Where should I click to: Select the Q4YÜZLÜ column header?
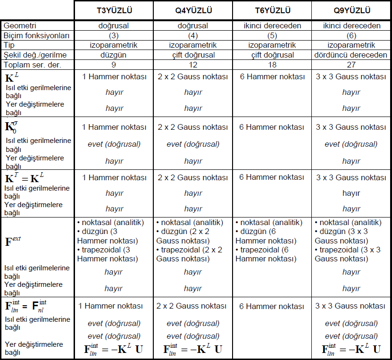click(193, 10)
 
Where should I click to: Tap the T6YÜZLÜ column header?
click(272, 10)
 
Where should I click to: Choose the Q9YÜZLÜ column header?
click(351, 10)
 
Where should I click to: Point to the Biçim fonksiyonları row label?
click(36, 35)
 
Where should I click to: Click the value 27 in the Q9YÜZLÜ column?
click(351, 65)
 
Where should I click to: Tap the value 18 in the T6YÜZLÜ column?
click(272, 65)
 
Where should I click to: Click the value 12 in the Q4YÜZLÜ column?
click(193, 65)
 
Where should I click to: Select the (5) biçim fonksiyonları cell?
click(272, 35)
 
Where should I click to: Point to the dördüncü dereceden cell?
click(351, 55)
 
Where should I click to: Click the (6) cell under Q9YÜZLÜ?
click(351, 35)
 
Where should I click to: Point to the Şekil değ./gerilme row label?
click(35, 55)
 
